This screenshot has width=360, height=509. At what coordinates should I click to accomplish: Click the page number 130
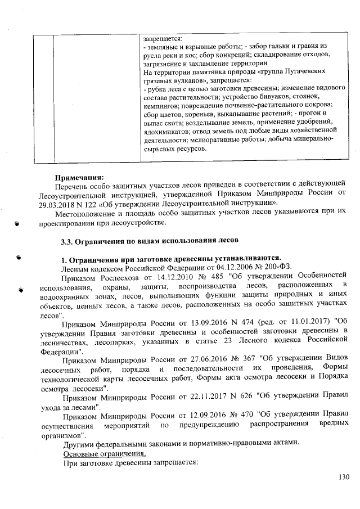[344, 478]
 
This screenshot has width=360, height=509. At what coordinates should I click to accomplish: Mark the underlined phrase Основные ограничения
[105, 453]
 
